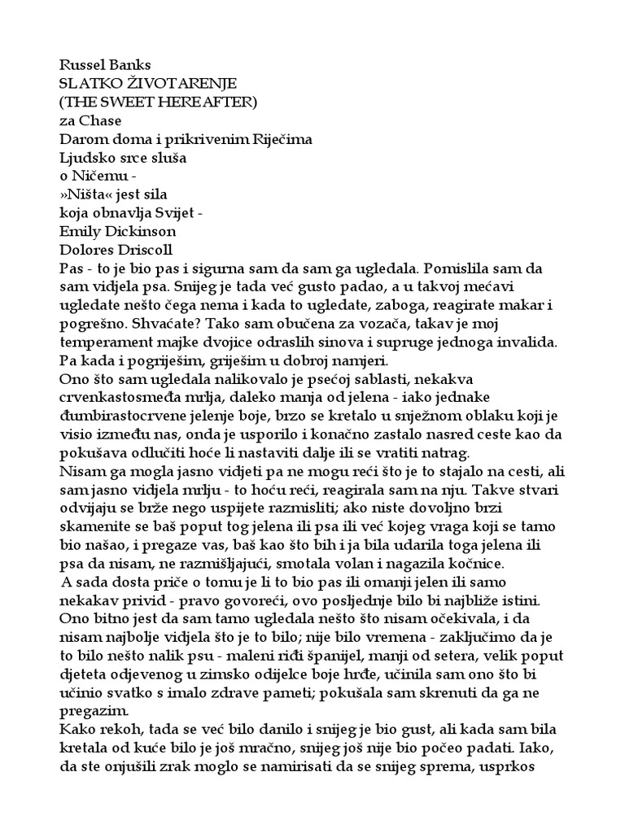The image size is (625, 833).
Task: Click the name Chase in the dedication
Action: (x=98, y=121)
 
